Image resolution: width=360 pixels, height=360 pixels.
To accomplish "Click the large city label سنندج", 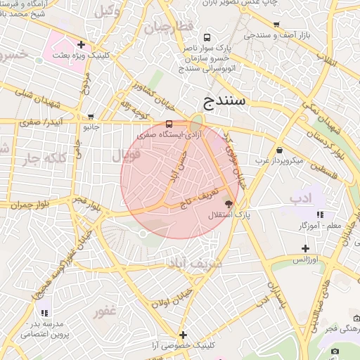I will pyautogui.click(x=223, y=100).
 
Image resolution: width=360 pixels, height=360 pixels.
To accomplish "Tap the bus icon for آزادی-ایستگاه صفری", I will pyautogui.click(x=168, y=123).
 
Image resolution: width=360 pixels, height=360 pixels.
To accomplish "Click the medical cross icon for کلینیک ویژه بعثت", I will pyautogui.click(x=82, y=45).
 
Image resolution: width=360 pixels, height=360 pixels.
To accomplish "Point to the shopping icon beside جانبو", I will pyautogui.click(x=90, y=117).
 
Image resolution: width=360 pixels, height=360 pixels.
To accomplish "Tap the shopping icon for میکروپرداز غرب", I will pyautogui.click(x=280, y=150).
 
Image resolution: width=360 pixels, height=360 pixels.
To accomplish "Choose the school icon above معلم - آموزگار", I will pyautogui.click(x=320, y=214).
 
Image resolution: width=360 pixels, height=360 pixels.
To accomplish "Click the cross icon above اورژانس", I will pyautogui.click(x=305, y=248).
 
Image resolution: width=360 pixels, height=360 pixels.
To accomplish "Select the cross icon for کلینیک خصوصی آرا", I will pyautogui.click(x=184, y=335).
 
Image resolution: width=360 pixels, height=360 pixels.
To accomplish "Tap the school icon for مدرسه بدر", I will pyautogui.click(x=44, y=312).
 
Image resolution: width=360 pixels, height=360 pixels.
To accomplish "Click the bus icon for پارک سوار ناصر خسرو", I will pyautogui.click(x=206, y=37).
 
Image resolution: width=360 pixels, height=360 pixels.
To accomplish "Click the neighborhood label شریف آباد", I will pyautogui.click(x=190, y=264).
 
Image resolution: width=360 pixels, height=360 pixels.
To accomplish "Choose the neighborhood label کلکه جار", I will pyautogui.click(x=37, y=157).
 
